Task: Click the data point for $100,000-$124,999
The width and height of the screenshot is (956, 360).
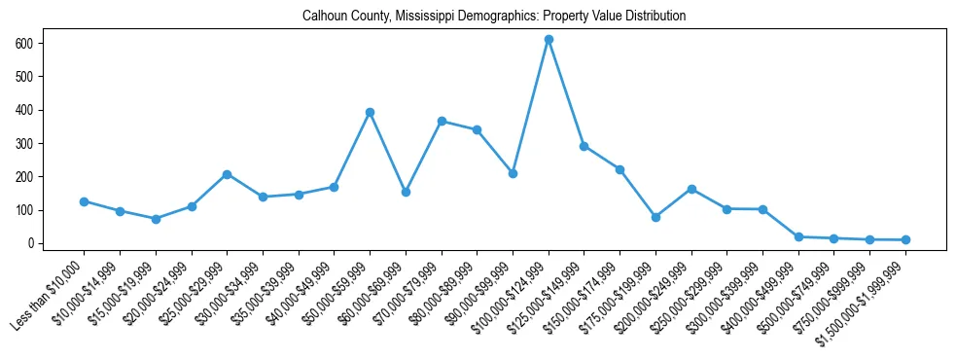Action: tap(549, 39)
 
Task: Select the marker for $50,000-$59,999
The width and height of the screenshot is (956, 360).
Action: tap(370, 112)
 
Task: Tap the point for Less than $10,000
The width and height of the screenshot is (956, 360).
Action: tap(84, 201)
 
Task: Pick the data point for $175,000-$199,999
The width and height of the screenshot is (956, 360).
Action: tap(655, 217)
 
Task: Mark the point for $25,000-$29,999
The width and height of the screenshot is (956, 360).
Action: tap(227, 174)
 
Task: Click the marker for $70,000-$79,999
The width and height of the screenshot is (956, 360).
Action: tap(442, 121)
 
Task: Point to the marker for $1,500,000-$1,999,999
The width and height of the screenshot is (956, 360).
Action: tap(905, 239)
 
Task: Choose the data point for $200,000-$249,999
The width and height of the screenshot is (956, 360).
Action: tap(691, 189)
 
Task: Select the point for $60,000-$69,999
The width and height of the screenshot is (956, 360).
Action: tap(406, 192)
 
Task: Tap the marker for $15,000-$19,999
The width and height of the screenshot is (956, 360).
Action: tap(156, 219)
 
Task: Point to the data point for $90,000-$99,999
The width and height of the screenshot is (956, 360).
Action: tap(513, 173)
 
